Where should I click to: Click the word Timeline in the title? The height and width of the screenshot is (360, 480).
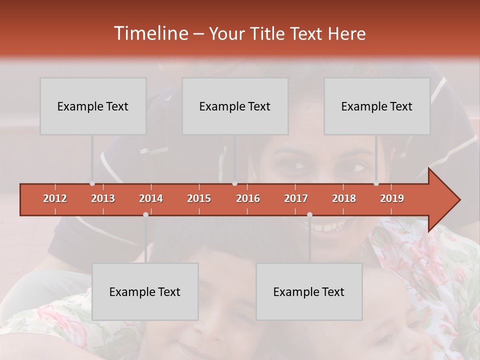pyautogui.click(x=149, y=33)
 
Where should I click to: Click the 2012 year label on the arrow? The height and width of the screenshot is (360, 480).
pyautogui.click(x=55, y=198)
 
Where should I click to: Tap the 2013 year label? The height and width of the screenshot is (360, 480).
pyautogui.click(x=103, y=198)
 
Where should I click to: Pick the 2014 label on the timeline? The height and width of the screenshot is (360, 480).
pyautogui.click(x=151, y=198)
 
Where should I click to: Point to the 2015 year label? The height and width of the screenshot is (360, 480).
pyautogui.click(x=199, y=198)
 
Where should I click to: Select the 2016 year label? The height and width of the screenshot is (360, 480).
pyautogui.click(x=248, y=198)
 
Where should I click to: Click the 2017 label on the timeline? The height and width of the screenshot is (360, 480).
pyautogui.click(x=296, y=198)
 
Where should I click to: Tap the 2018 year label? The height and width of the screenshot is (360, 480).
pyautogui.click(x=344, y=198)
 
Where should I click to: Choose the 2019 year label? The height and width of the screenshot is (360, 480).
pyautogui.click(x=392, y=198)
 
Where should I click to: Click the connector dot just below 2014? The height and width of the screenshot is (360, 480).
pyautogui.click(x=145, y=214)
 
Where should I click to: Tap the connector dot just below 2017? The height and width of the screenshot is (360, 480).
pyautogui.click(x=309, y=214)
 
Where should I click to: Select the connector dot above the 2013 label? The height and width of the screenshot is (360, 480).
pyautogui.click(x=92, y=183)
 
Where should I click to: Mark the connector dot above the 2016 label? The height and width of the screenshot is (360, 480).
pyautogui.click(x=234, y=183)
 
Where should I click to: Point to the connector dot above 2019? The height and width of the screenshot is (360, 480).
pyautogui.click(x=376, y=183)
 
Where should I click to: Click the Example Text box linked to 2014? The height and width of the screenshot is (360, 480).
pyautogui.click(x=145, y=291)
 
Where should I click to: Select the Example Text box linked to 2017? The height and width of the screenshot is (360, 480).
pyautogui.click(x=309, y=291)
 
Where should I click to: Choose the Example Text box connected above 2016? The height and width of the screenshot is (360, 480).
pyautogui.click(x=235, y=106)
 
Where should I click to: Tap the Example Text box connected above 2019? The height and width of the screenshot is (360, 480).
pyautogui.click(x=377, y=106)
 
